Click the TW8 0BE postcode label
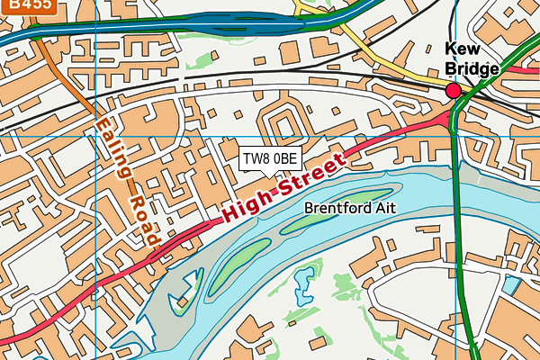click(x=269, y=158)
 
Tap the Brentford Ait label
click(x=349, y=208)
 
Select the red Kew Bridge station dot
click(x=453, y=90)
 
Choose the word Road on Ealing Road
click(x=141, y=221)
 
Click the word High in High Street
click(x=252, y=202)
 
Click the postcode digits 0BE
click(x=284, y=158)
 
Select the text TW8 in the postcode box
click(x=256, y=158)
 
